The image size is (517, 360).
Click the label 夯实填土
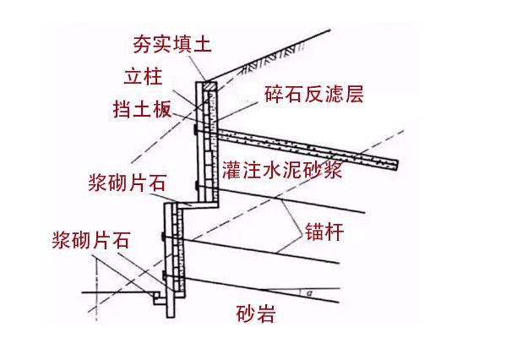point(172,42)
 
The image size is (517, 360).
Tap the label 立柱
point(141,78)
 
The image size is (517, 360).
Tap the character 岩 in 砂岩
point(265,315)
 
